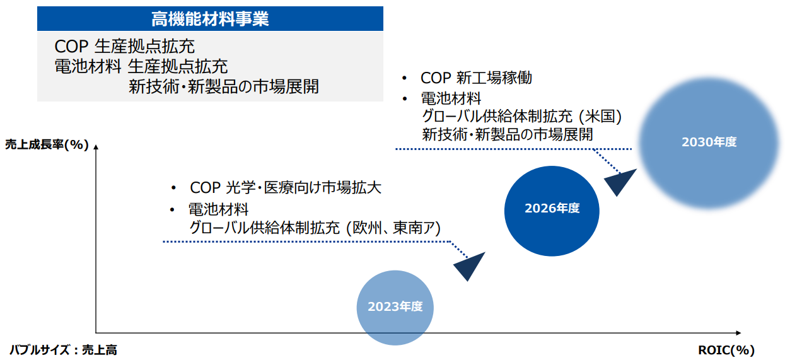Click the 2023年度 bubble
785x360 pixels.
[395, 308]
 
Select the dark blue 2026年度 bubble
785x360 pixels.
[552, 211]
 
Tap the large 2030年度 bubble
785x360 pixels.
[709, 143]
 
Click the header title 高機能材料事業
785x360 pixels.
[210, 19]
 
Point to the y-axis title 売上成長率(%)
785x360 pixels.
[47, 144]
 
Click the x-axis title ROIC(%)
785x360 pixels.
[726, 350]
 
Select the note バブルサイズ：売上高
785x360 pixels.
[64, 350]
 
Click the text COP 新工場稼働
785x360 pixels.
[476, 78]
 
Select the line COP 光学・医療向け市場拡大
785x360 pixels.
[285, 187]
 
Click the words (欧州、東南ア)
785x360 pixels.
[393, 228]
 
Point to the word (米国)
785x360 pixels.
[600, 117]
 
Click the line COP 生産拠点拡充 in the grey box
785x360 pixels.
[124, 46]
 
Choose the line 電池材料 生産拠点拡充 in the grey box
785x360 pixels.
[141, 66]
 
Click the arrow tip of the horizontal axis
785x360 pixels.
[740, 333]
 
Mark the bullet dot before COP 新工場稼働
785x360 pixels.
[404, 78]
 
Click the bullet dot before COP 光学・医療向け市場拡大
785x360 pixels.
[173, 189]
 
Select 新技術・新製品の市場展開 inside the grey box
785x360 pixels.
[224, 86]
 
